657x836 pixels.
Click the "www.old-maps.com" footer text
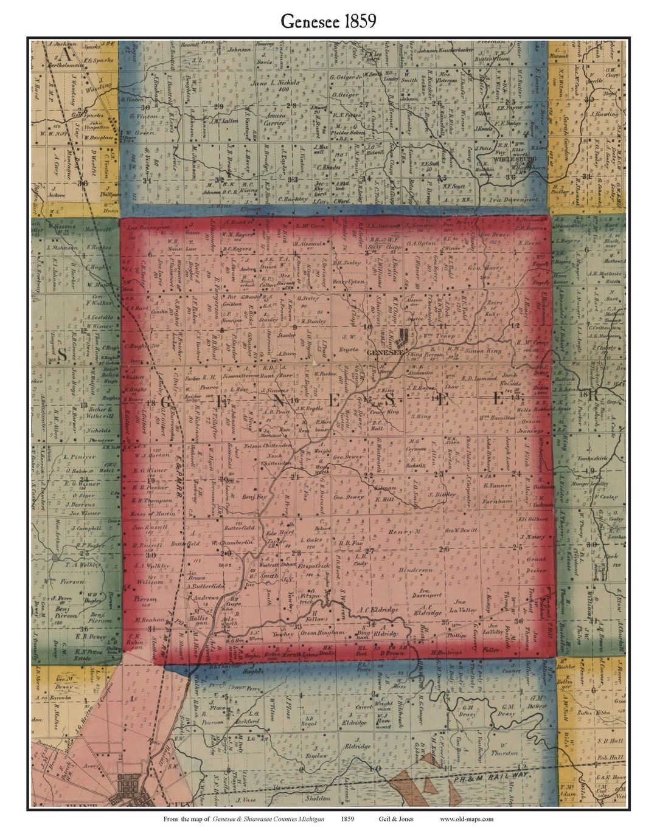467,819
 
